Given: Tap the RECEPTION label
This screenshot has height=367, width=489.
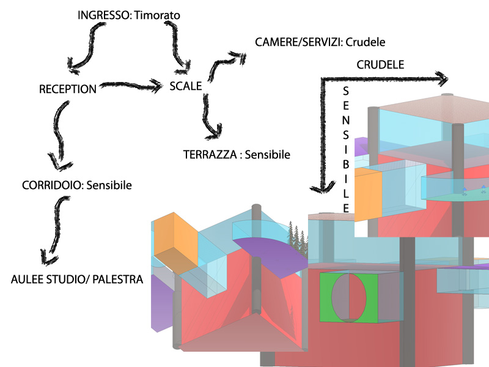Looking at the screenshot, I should point(67,89).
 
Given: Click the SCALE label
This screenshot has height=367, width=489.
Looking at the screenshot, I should point(186,86).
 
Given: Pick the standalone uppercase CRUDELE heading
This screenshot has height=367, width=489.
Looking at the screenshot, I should point(380,64).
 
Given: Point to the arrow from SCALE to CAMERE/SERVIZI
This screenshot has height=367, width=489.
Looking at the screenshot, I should point(223,64).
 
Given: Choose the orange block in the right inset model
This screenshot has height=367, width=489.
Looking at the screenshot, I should point(369,194).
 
